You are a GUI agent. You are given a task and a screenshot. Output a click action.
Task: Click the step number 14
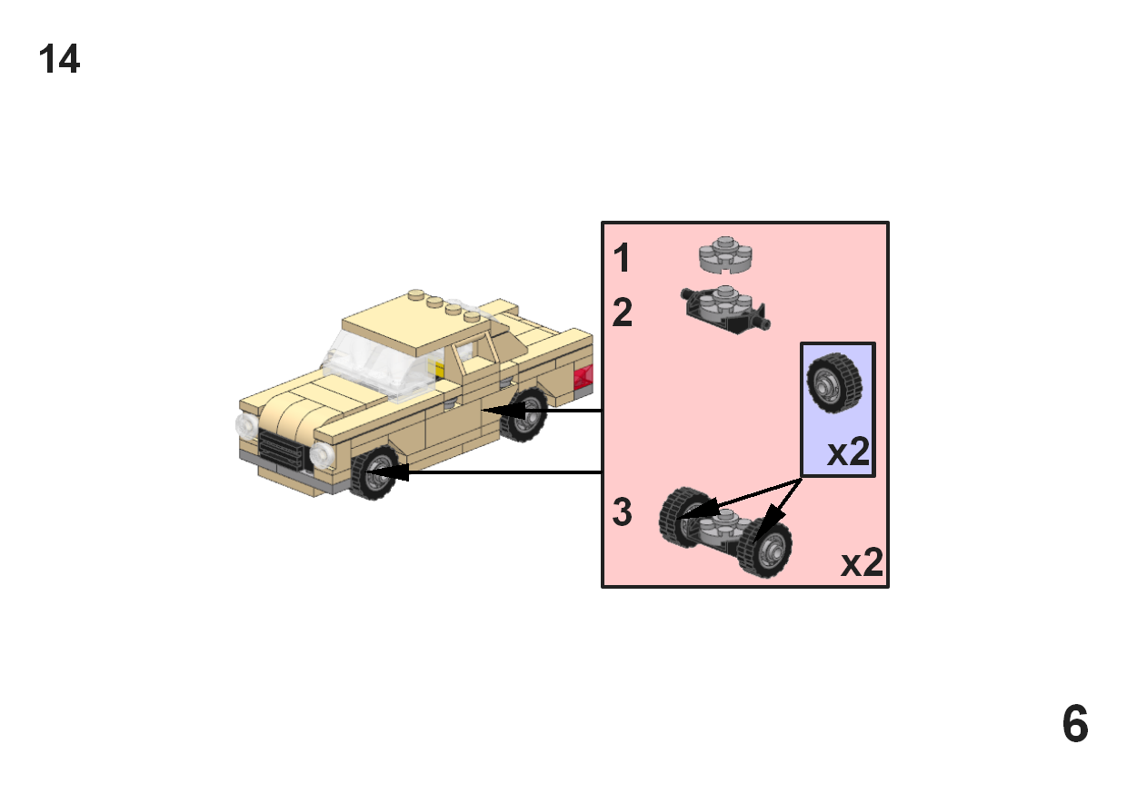pyautogui.click(x=59, y=60)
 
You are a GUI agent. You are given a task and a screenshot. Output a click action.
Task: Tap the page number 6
pyautogui.click(x=1074, y=725)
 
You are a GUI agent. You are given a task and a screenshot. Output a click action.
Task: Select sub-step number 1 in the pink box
pyautogui.click(x=622, y=260)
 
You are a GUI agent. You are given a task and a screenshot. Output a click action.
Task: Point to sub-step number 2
pyautogui.click(x=623, y=313)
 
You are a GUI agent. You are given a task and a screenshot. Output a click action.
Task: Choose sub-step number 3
pyautogui.click(x=623, y=513)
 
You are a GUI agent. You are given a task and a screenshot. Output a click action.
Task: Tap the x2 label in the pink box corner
pyautogui.click(x=862, y=564)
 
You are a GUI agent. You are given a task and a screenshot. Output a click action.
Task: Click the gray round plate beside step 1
pyautogui.click(x=727, y=255)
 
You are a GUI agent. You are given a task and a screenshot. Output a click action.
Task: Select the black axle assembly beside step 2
pyautogui.click(x=725, y=309)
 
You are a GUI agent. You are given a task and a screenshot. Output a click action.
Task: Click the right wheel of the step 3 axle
pyautogui.click(x=764, y=548)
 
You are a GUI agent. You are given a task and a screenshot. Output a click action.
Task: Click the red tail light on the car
pyautogui.click(x=583, y=375)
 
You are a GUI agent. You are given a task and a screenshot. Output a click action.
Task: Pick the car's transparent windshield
pyautogui.click(x=373, y=363)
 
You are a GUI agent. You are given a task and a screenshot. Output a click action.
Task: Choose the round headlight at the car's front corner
pyautogui.click(x=322, y=455)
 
